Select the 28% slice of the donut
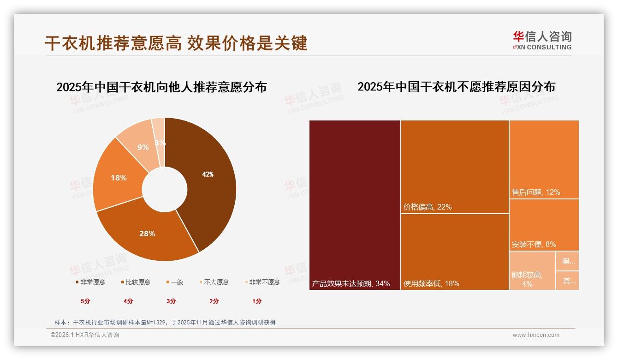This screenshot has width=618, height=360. pyautogui.click(x=147, y=234)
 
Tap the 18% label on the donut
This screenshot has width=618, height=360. pyautogui.click(x=119, y=178)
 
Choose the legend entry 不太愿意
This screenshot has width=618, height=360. pyautogui.click(x=216, y=282)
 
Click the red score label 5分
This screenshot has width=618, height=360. pyautogui.click(x=85, y=301)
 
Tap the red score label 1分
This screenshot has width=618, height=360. pyautogui.click(x=257, y=301)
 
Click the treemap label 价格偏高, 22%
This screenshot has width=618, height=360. pyautogui.click(x=428, y=207)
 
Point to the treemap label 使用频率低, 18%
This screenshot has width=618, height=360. pyautogui.click(x=431, y=283)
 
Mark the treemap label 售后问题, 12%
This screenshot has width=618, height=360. pyautogui.click(x=536, y=192)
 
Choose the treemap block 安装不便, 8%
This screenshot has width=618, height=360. pyautogui.click(x=544, y=225)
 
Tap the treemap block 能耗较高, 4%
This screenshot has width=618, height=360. pyautogui.click(x=532, y=270)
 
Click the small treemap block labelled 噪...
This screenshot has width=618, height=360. pyautogui.click(x=568, y=261)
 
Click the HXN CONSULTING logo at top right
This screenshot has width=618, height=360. pyautogui.click(x=542, y=41)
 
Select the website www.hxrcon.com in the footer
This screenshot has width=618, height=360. pyautogui.click(x=536, y=335)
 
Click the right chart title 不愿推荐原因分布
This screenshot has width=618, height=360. pyautogui.click(x=456, y=87)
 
